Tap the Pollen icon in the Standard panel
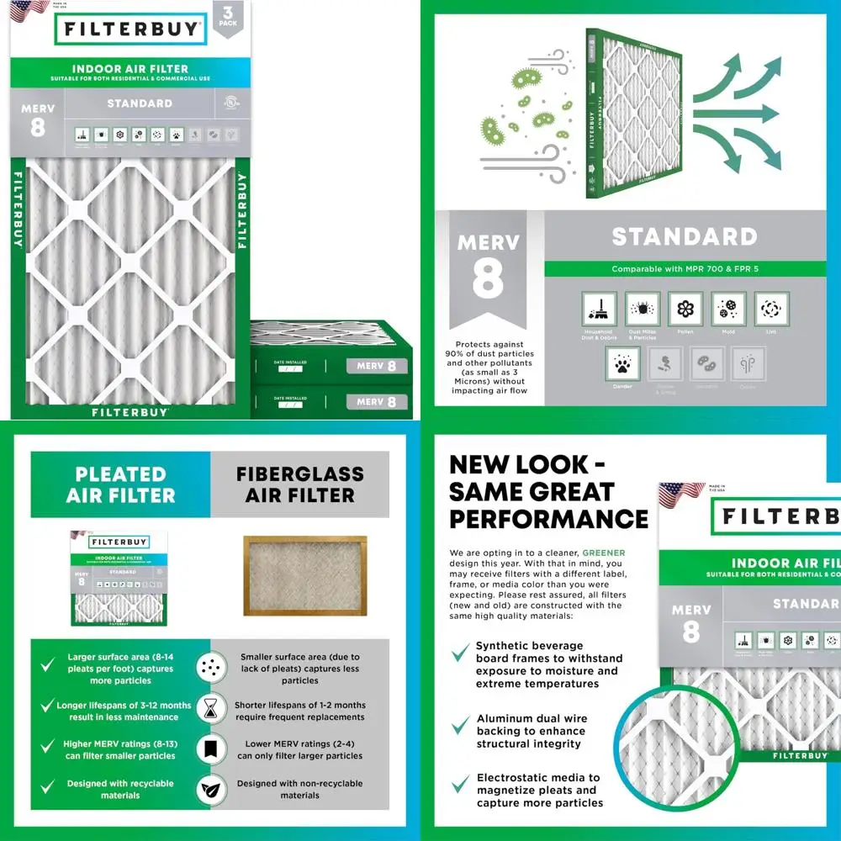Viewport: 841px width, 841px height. click(x=685, y=309)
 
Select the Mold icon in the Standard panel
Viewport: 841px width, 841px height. click(x=728, y=309)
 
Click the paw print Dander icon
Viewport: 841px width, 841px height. click(x=622, y=362)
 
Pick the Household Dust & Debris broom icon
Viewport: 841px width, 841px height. click(x=599, y=309)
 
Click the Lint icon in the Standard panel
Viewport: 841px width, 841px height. click(x=771, y=309)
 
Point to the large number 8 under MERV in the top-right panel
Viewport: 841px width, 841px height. click(x=488, y=282)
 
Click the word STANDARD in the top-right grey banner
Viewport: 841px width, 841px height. click(x=684, y=236)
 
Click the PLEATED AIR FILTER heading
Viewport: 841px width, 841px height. click(x=120, y=484)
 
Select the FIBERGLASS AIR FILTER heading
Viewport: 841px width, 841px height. click(x=299, y=484)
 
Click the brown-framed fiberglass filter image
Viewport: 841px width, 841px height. click(x=304, y=575)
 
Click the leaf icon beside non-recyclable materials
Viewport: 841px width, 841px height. click(x=209, y=790)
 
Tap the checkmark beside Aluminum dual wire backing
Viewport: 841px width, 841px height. click(x=460, y=725)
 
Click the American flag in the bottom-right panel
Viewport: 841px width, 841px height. click(x=681, y=496)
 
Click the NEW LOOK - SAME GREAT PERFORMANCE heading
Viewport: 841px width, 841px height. click(x=548, y=491)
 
